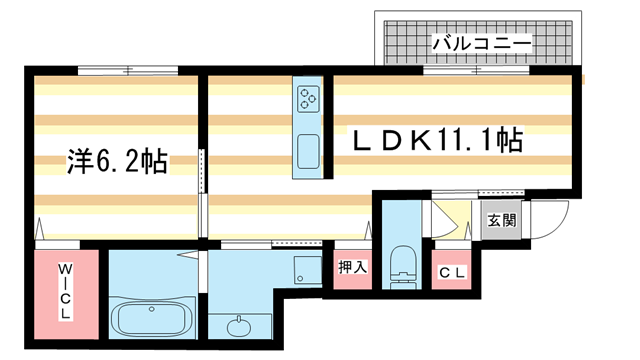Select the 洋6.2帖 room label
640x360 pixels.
coord(117,160)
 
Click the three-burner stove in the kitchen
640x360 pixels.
coord(308,98)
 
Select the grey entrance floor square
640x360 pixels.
coord(501,223)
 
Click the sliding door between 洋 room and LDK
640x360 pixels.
coord(202,190)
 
